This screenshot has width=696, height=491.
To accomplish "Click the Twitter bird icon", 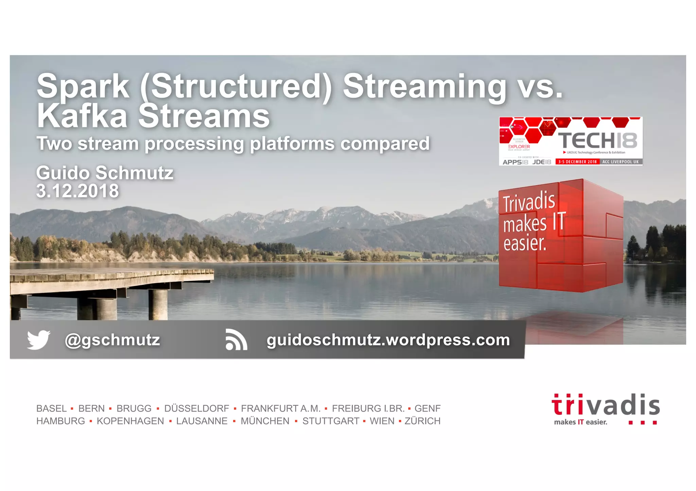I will pyautogui.click(x=38, y=339).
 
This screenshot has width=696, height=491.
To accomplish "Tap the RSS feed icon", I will pyautogui.click(x=236, y=340).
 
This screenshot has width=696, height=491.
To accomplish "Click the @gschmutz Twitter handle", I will pyautogui.click(x=112, y=340).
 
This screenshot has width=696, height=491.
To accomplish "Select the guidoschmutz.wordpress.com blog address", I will pyautogui.click(x=388, y=340).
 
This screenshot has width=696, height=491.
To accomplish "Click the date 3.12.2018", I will pyautogui.click(x=77, y=191).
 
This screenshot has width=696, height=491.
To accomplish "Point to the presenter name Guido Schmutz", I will pyautogui.click(x=105, y=173).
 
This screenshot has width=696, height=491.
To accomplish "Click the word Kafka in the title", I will pyautogui.click(x=82, y=116).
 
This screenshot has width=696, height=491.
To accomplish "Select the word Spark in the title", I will pyautogui.click(x=83, y=86).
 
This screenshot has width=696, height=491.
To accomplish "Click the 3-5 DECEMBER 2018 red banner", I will pyautogui.click(x=577, y=162).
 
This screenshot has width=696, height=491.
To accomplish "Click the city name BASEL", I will pyautogui.click(x=51, y=408).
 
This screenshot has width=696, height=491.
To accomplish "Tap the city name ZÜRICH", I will pyautogui.click(x=422, y=421).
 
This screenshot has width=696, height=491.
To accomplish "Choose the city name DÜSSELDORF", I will pyautogui.click(x=196, y=408).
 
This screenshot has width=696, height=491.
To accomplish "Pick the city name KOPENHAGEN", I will pyautogui.click(x=130, y=421).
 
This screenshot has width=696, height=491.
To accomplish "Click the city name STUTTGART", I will pyautogui.click(x=331, y=421).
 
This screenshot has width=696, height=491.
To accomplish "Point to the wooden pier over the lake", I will pyautogui.click(x=109, y=280).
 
